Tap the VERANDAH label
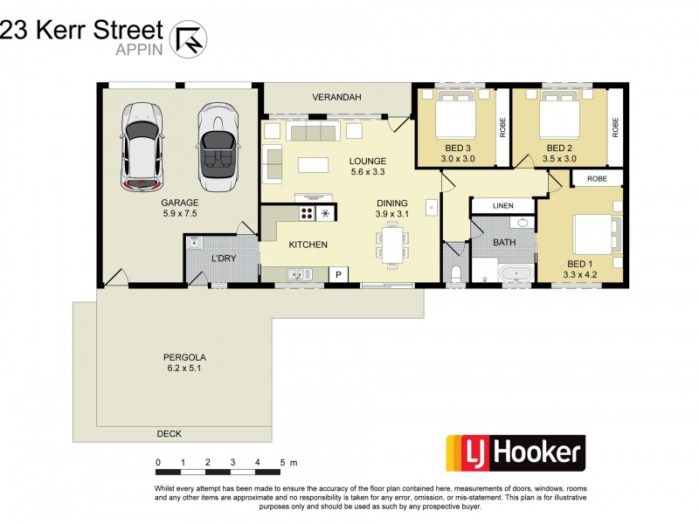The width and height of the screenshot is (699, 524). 336,97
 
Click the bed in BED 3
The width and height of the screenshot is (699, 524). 456,121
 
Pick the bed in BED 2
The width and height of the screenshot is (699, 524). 560,121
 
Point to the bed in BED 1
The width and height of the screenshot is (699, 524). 596,236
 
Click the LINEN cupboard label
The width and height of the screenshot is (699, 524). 502,205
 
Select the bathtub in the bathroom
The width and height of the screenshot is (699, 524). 515,275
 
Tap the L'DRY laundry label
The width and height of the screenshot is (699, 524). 225,259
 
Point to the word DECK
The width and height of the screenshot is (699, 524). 169,433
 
